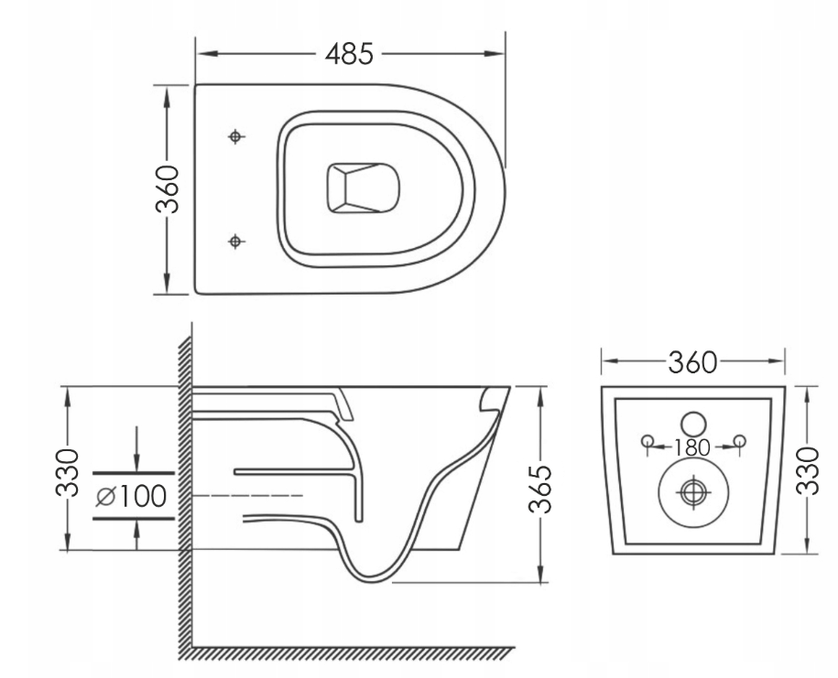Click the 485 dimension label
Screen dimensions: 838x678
point(349,54)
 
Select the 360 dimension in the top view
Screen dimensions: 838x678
point(167,189)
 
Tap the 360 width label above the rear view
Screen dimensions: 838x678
point(692,362)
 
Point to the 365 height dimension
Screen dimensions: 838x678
point(539,489)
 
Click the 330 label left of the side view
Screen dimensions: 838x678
point(68,473)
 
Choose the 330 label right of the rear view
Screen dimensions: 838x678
point(807,471)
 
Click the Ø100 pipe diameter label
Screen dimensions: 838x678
point(132,497)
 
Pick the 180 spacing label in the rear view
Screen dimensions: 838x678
point(692,448)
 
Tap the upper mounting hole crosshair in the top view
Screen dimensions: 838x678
point(235,136)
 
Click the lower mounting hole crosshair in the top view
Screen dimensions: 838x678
point(235,242)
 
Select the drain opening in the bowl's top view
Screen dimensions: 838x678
point(363,188)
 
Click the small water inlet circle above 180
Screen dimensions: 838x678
point(693,424)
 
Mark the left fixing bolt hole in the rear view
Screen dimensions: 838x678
point(648,441)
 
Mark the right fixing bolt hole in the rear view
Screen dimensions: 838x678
point(740,440)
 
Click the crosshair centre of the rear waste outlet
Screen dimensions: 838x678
point(693,491)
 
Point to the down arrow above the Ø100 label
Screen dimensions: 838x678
point(137,449)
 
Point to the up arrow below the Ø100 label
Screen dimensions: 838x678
point(137,534)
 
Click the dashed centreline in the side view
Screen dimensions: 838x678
point(247,496)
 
